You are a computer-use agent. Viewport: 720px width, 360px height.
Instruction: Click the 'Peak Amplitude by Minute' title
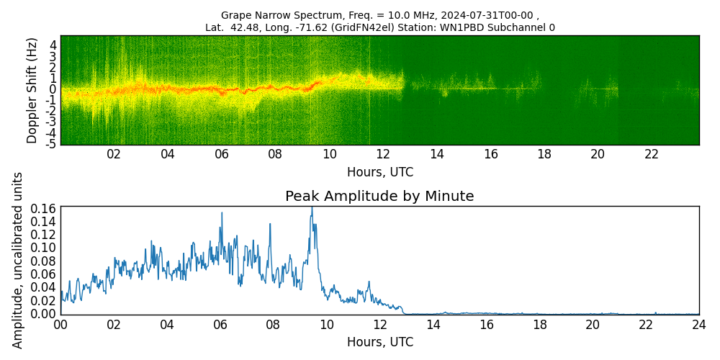379,197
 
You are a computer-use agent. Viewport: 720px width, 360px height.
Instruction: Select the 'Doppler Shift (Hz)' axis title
32,90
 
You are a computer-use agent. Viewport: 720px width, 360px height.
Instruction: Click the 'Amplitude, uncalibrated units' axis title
18,260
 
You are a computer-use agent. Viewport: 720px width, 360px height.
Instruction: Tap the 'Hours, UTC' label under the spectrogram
379,173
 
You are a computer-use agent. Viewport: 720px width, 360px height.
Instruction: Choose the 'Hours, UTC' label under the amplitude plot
379,342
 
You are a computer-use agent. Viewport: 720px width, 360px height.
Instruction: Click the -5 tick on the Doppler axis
53,144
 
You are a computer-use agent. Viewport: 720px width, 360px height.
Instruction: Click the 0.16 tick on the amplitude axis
44,208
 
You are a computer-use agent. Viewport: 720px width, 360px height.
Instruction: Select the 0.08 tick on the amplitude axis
44,261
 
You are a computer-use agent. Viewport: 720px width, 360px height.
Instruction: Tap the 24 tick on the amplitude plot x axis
698,325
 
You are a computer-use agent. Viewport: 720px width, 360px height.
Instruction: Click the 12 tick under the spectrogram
383,154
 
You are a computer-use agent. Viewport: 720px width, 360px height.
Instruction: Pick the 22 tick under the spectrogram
652,154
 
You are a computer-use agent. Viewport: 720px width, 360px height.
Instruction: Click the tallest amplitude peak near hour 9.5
312,208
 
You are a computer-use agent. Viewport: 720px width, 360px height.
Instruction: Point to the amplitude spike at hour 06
222,213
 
